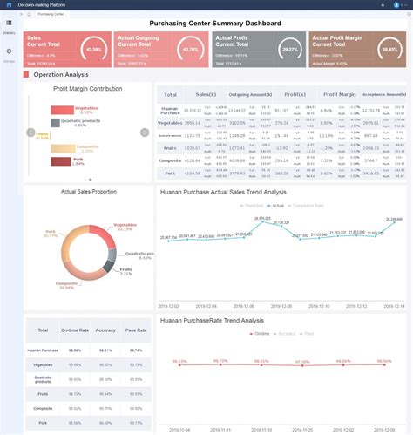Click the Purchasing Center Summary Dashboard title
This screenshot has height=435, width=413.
coord(215,24)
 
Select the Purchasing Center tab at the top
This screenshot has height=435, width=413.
coord(51,14)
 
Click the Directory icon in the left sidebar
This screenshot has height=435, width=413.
coord(10,24)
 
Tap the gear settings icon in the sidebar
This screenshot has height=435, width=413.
coord(10,52)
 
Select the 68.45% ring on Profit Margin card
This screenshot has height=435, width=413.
coord(390,49)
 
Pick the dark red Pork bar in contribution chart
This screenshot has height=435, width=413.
coord(61,161)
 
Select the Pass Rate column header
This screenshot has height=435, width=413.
coord(136,332)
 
